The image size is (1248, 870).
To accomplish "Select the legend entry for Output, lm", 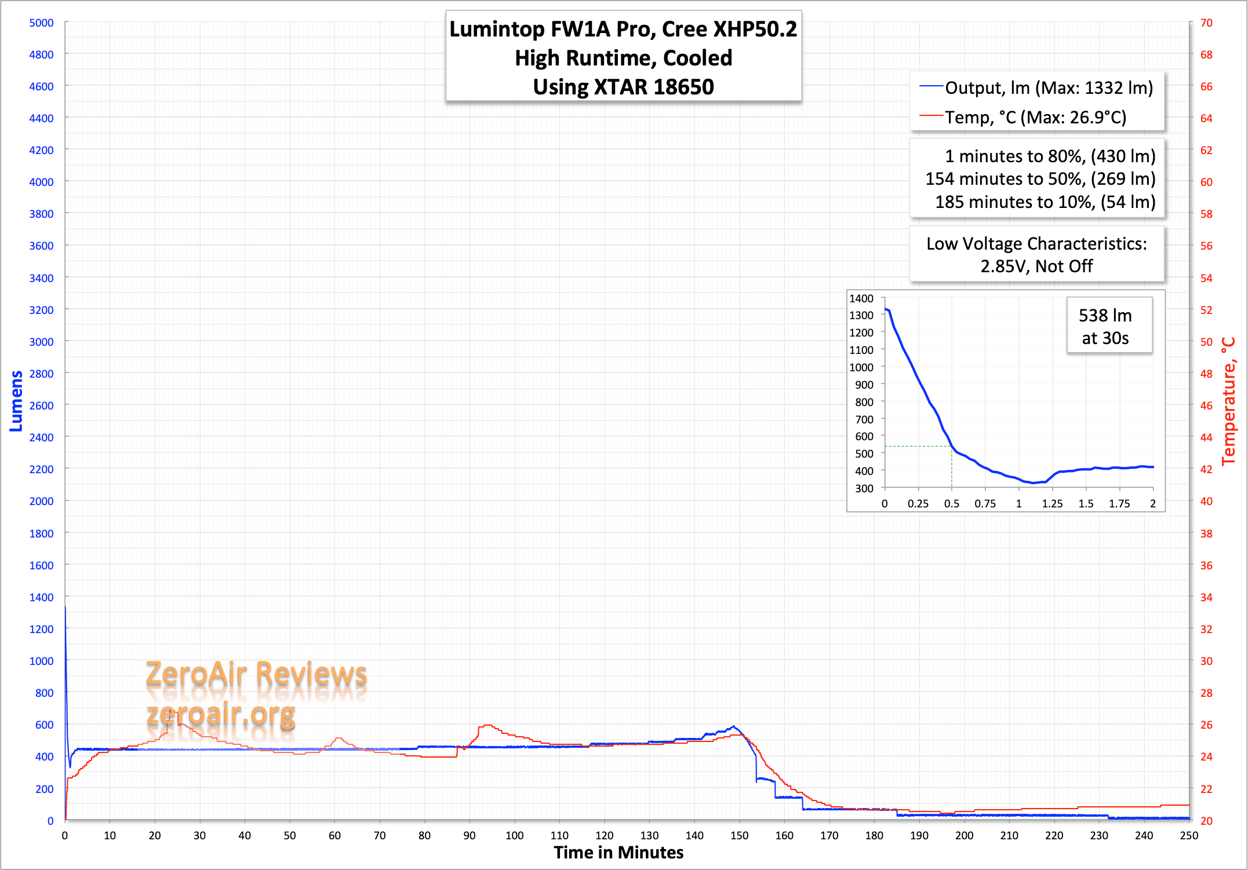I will click(1048, 87).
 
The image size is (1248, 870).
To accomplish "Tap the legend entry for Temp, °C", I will click(1035, 118).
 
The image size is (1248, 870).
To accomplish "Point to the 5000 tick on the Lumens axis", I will click(41, 23).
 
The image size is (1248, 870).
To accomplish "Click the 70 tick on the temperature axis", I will click(1206, 23).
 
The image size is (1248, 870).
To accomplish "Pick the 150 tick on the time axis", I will click(739, 835).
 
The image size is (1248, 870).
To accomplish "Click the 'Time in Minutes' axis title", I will click(618, 853).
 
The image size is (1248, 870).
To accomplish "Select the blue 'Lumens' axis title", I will click(16, 401).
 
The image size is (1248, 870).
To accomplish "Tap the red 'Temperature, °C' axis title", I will click(1228, 401).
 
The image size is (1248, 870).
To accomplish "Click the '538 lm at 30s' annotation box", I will click(1105, 326).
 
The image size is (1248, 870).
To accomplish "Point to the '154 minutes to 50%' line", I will click(1040, 179).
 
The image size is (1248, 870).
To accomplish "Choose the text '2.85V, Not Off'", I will click(1036, 266).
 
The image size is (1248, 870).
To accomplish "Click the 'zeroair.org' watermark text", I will click(220, 714).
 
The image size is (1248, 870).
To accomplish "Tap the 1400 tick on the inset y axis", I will click(861, 298).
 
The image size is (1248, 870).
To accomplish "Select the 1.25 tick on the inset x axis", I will click(1052, 503).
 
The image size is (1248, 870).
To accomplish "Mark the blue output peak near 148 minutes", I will click(733, 726).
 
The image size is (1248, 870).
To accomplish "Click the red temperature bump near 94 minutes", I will click(487, 725).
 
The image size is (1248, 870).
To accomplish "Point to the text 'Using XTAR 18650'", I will click(623, 87).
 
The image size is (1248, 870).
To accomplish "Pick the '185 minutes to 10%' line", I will click(1045, 202).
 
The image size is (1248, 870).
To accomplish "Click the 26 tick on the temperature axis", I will click(1206, 725).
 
